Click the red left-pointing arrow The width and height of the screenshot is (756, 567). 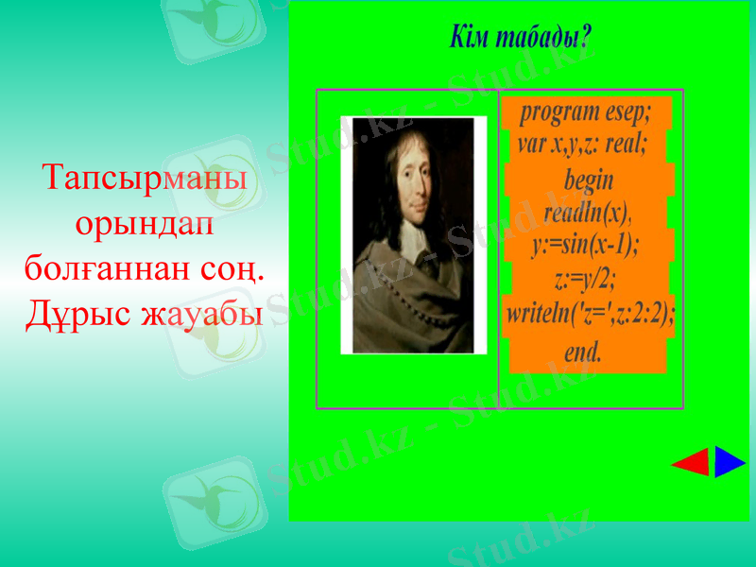(692, 463)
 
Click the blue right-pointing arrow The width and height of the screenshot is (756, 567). (729, 462)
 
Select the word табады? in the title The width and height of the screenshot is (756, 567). (542, 39)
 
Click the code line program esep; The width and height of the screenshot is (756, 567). (586, 112)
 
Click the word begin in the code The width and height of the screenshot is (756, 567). (588, 180)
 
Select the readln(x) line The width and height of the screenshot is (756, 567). (587, 213)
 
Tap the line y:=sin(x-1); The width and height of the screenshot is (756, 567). (585, 245)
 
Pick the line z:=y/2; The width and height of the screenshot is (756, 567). (586, 279)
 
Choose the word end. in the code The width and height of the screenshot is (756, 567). (583, 352)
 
